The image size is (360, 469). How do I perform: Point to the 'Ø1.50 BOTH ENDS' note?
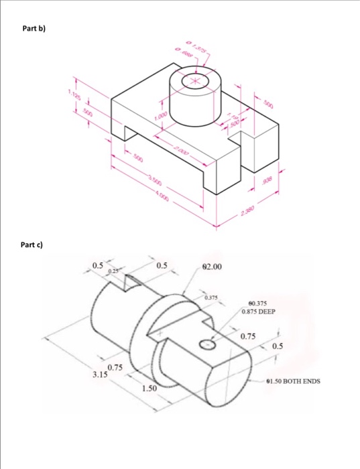294,381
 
